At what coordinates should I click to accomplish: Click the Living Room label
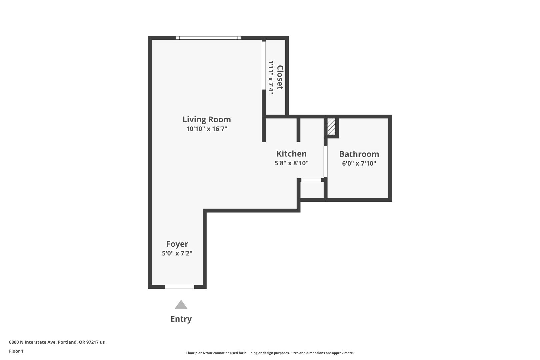(x=207, y=120)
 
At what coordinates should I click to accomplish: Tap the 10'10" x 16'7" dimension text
(x=207, y=129)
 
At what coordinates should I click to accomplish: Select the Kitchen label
(x=291, y=154)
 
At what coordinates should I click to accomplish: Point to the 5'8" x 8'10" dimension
(x=291, y=163)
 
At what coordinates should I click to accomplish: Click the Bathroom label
(x=359, y=154)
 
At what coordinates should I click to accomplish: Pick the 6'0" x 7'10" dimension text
(x=359, y=163)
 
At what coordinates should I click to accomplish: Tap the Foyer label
(x=177, y=244)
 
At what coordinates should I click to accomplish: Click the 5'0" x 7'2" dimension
(x=177, y=253)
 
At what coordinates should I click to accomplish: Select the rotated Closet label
(x=280, y=77)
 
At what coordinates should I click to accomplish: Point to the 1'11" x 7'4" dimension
(x=271, y=77)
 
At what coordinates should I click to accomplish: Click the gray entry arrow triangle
(x=181, y=305)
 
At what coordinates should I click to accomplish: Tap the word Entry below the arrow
(x=181, y=319)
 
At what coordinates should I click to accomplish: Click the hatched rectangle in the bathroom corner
(x=331, y=127)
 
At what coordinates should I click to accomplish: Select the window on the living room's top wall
(x=208, y=38)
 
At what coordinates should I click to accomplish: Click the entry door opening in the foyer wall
(x=180, y=287)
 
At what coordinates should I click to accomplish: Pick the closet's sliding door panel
(x=264, y=66)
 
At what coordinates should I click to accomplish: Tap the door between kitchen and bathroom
(x=325, y=162)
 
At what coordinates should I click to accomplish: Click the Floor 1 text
(x=16, y=351)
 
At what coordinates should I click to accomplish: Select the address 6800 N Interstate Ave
(x=57, y=342)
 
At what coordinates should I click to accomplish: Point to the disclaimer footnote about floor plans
(x=270, y=353)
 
